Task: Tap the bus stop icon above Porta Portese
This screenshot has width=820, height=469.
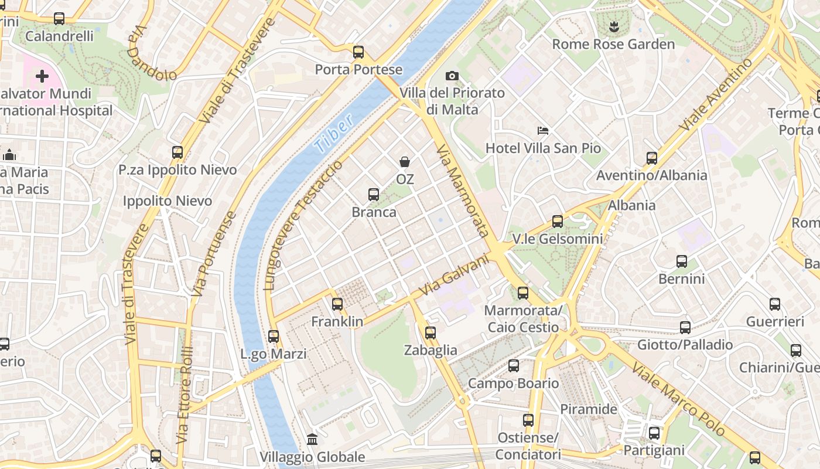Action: tap(358, 52)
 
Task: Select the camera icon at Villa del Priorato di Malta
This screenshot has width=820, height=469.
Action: tap(452, 76)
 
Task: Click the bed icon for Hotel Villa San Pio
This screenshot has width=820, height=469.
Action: tap(543, 130)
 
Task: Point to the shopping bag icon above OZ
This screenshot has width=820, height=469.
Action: tap(404, 161)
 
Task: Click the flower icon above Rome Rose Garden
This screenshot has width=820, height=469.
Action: tap(613, 26)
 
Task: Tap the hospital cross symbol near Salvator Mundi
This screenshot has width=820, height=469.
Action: tap(42, 76)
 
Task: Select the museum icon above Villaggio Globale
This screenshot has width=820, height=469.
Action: tap(312, 439)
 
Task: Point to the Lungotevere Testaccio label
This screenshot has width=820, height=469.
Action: tap(303, 226)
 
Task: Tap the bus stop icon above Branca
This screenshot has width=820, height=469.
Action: tap(374, 195)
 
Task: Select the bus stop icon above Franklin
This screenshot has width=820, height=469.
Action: tap(337, 304)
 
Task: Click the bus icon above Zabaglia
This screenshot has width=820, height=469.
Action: tap(430, 333)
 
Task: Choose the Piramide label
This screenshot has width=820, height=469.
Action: tap(589, 409)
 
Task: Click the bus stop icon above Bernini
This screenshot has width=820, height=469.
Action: tap(682, 261)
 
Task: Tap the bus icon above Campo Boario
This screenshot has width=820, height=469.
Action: tap(514, 366)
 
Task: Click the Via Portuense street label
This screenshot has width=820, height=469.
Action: tap(215, 253)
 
